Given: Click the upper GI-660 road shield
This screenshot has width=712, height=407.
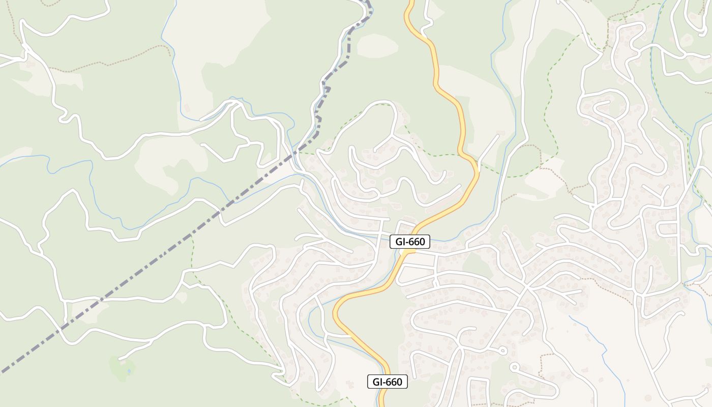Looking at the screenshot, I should (x=410, y=242).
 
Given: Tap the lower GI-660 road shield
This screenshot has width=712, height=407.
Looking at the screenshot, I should (x=388, y=382).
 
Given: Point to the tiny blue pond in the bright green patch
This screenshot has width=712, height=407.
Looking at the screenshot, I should (x=129, y=371).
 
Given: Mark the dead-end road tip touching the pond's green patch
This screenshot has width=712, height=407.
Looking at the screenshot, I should (x=121, y=359).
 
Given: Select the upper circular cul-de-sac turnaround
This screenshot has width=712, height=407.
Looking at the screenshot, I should (x=502, y=350).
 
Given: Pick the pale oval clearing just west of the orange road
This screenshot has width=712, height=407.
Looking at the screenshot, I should (x=377, y=45).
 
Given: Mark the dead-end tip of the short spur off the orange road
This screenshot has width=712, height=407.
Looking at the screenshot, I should (x=497, y=135).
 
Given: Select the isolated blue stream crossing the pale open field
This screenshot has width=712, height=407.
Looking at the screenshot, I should (x=598, y=346).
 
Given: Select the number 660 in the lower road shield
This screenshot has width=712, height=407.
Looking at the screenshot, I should (x=394, y=382).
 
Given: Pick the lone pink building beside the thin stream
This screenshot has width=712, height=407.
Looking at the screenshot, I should (x=187, y=108).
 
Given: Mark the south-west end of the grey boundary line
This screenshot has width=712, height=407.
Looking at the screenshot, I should (x=3, y=371).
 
